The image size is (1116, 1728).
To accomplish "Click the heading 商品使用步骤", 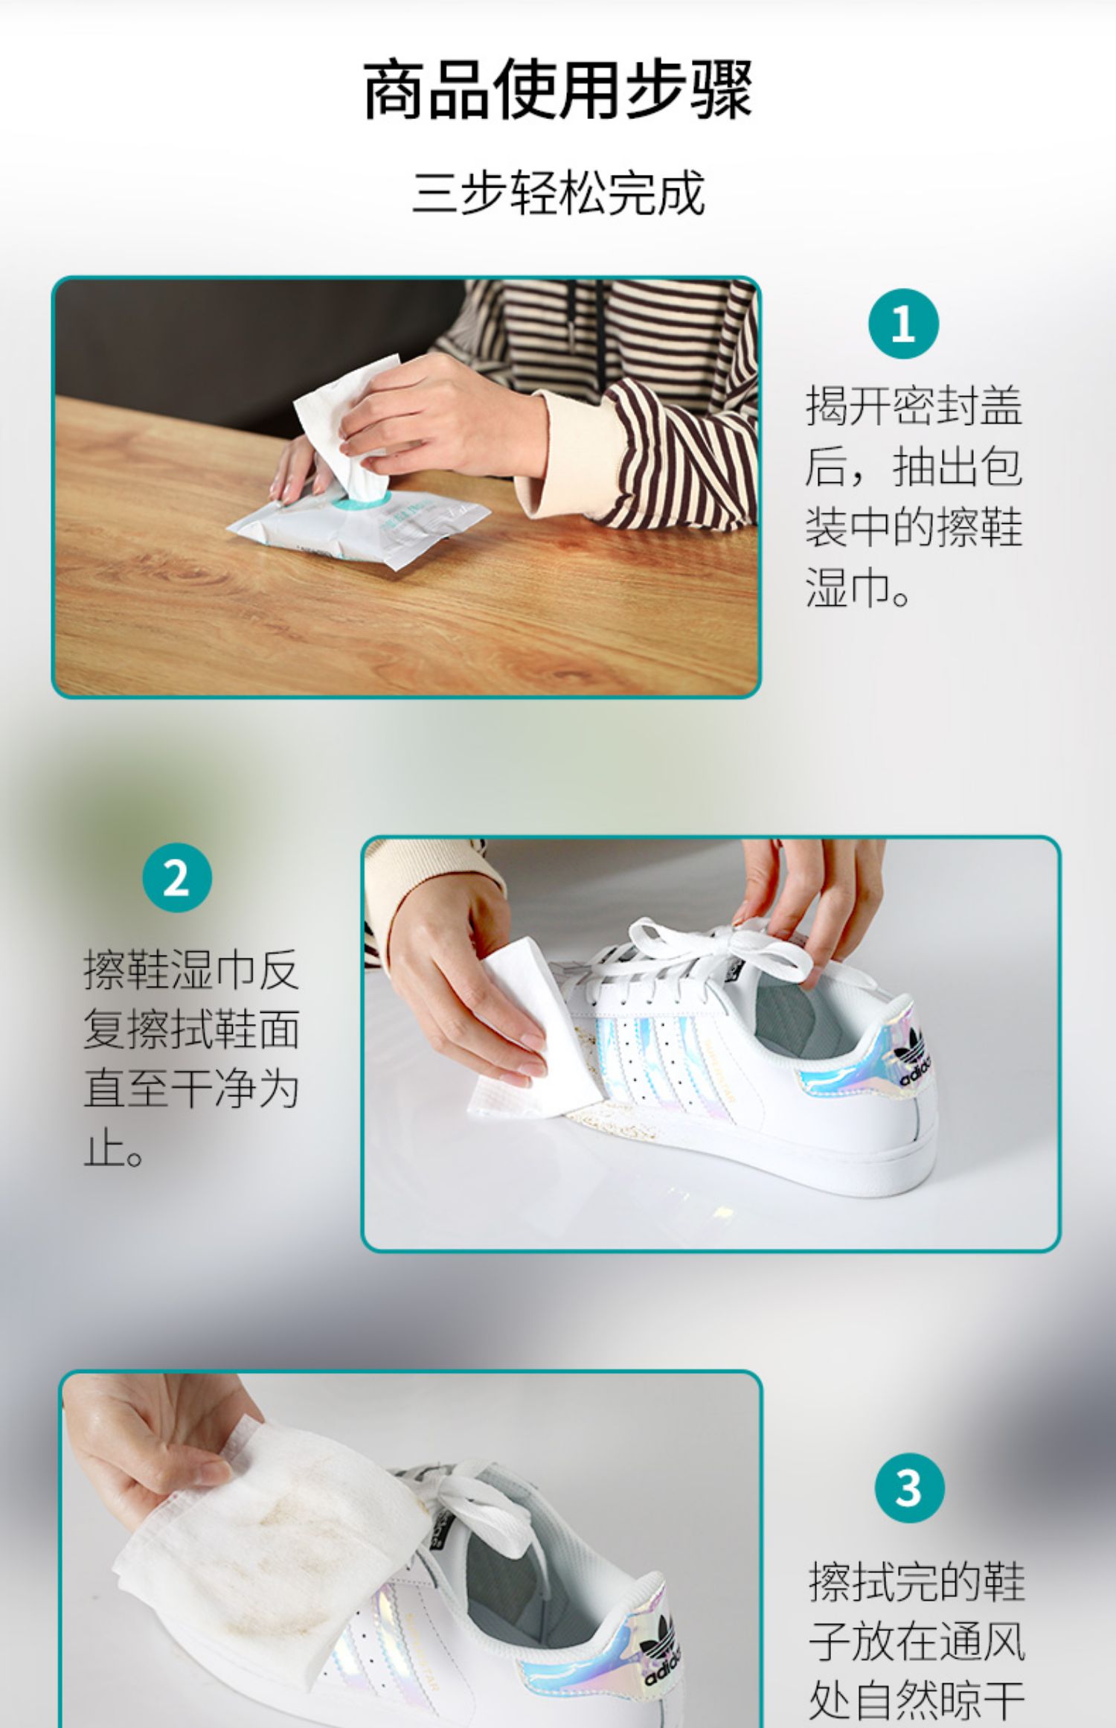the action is [558, 90].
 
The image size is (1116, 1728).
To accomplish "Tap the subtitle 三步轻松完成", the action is [559, 193].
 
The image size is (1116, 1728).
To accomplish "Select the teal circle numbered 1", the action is [903, 324].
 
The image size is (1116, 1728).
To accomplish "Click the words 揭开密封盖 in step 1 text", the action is [914, 406].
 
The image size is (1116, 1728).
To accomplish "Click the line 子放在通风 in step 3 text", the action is [917, 1642].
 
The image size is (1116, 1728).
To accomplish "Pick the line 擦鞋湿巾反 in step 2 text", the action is [191, 970].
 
